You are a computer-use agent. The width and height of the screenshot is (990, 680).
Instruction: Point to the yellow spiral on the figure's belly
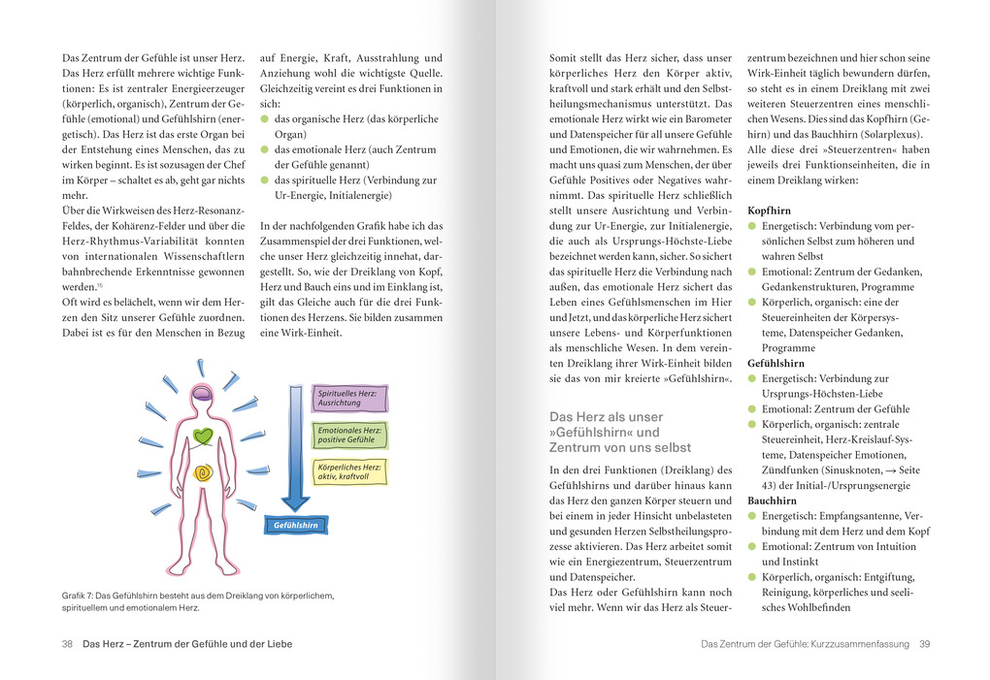tap(202, 473)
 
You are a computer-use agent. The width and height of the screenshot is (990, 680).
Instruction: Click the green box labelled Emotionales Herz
tap(350, 435)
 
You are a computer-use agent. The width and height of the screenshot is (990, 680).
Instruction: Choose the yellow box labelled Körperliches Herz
tap(350, 471)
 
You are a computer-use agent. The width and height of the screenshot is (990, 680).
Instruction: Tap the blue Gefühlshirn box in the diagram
tap(293, 525)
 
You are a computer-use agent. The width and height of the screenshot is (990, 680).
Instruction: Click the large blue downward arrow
tap(295, 446)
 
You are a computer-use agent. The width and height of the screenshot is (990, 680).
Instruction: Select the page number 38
tap(67, 643)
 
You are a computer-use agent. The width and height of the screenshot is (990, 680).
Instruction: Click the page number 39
tap(925, 643)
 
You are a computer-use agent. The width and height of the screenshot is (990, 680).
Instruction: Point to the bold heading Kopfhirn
tap(769, 210)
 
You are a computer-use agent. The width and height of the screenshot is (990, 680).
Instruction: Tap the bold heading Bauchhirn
tap(773, 501)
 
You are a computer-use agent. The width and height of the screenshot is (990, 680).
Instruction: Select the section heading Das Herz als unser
tap(607, 416)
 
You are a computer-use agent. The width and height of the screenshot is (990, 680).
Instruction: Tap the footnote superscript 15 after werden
tap(99, 284)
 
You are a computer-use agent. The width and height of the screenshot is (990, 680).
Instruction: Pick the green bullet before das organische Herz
tap(265, 119)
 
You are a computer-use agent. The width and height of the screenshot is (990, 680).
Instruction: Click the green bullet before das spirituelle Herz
tap(265, 180)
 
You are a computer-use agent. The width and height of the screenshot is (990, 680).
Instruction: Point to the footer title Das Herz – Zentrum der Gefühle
tap(187, 643)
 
